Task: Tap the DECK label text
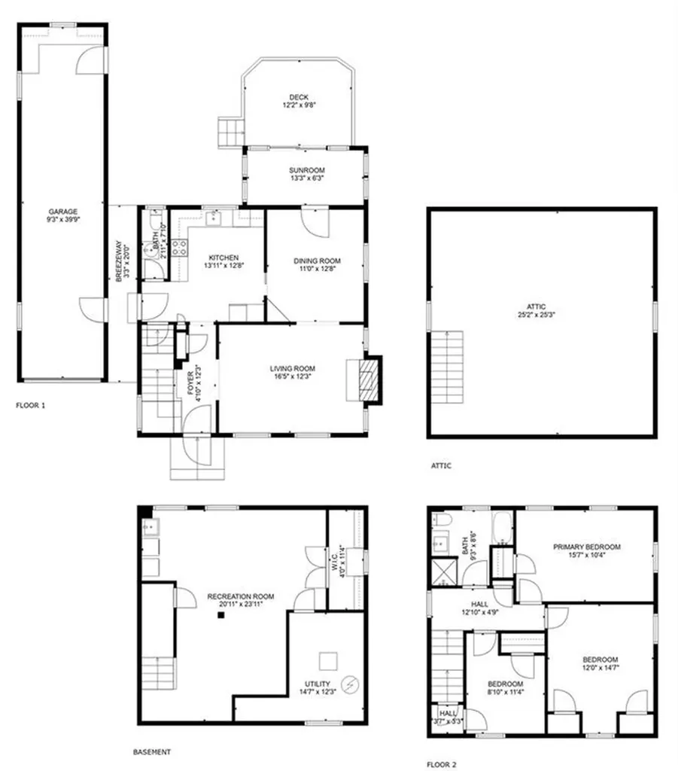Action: click(299, 96)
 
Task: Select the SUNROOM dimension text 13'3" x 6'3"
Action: click(306, 178)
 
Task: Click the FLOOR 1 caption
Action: click(31, 405)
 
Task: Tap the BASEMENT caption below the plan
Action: click(152, 751)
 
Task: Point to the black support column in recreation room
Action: click(221, 615)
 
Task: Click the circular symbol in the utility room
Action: click(350, 685)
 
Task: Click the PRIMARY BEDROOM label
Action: click(586, 547)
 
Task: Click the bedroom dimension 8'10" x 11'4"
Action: click(506, 693)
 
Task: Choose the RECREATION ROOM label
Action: click(241, 596)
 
